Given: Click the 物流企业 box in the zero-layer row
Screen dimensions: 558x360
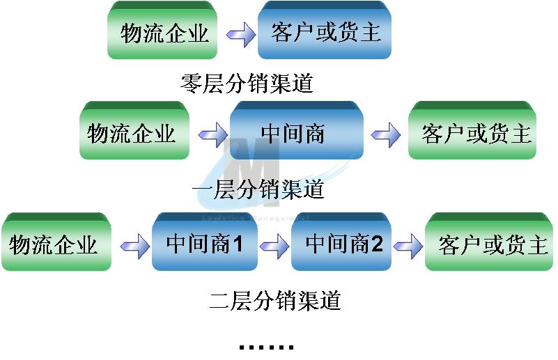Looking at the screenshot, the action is click(162, 30).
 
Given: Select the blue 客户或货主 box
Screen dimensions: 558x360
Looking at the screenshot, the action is click(325, 30).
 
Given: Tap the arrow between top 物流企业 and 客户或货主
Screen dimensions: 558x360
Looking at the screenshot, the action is click(241, 35).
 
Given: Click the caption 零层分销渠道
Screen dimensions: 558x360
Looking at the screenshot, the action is click(247, 84).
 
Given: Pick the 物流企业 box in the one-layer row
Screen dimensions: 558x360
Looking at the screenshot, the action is click(134, 130).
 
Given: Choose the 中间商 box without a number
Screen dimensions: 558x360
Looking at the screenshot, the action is click(297, 130).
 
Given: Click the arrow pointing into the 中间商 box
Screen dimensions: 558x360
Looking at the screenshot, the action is click(213, 135).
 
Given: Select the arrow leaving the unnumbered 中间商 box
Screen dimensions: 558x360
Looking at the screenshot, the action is click(386, 135).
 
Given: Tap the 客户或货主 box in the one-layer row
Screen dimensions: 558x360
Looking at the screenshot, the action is click(472, 130).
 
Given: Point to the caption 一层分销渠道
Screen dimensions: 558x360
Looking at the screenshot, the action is click(258, 189).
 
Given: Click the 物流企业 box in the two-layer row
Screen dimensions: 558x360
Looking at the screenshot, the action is click(56, 242).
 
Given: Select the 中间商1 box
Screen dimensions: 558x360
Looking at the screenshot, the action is click(205, 242).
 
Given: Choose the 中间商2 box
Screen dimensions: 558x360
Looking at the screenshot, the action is click(341, 242).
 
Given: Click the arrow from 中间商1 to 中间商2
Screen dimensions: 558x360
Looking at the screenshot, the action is click(274, 246).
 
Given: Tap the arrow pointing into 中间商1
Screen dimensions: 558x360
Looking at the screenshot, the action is click(135, 246).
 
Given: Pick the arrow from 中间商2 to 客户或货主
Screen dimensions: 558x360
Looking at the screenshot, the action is click(408, 246).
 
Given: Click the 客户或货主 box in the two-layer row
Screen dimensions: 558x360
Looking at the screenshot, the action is click(489, 242).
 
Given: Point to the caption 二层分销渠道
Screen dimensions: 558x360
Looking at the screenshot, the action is click(275, 301).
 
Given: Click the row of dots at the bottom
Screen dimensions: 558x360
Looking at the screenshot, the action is click(267, 347).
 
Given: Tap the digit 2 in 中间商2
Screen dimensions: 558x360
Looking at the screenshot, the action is click(376, 244).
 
